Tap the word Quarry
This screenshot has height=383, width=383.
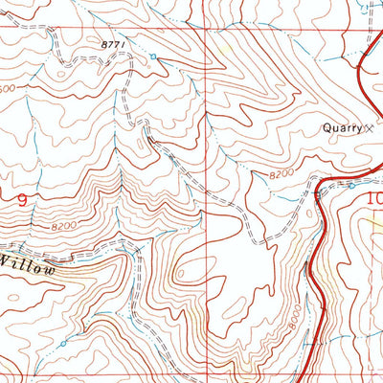340,126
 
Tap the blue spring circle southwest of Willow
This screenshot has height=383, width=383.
64,342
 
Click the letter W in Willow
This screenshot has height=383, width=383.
9,259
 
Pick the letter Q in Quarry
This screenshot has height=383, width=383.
324,126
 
